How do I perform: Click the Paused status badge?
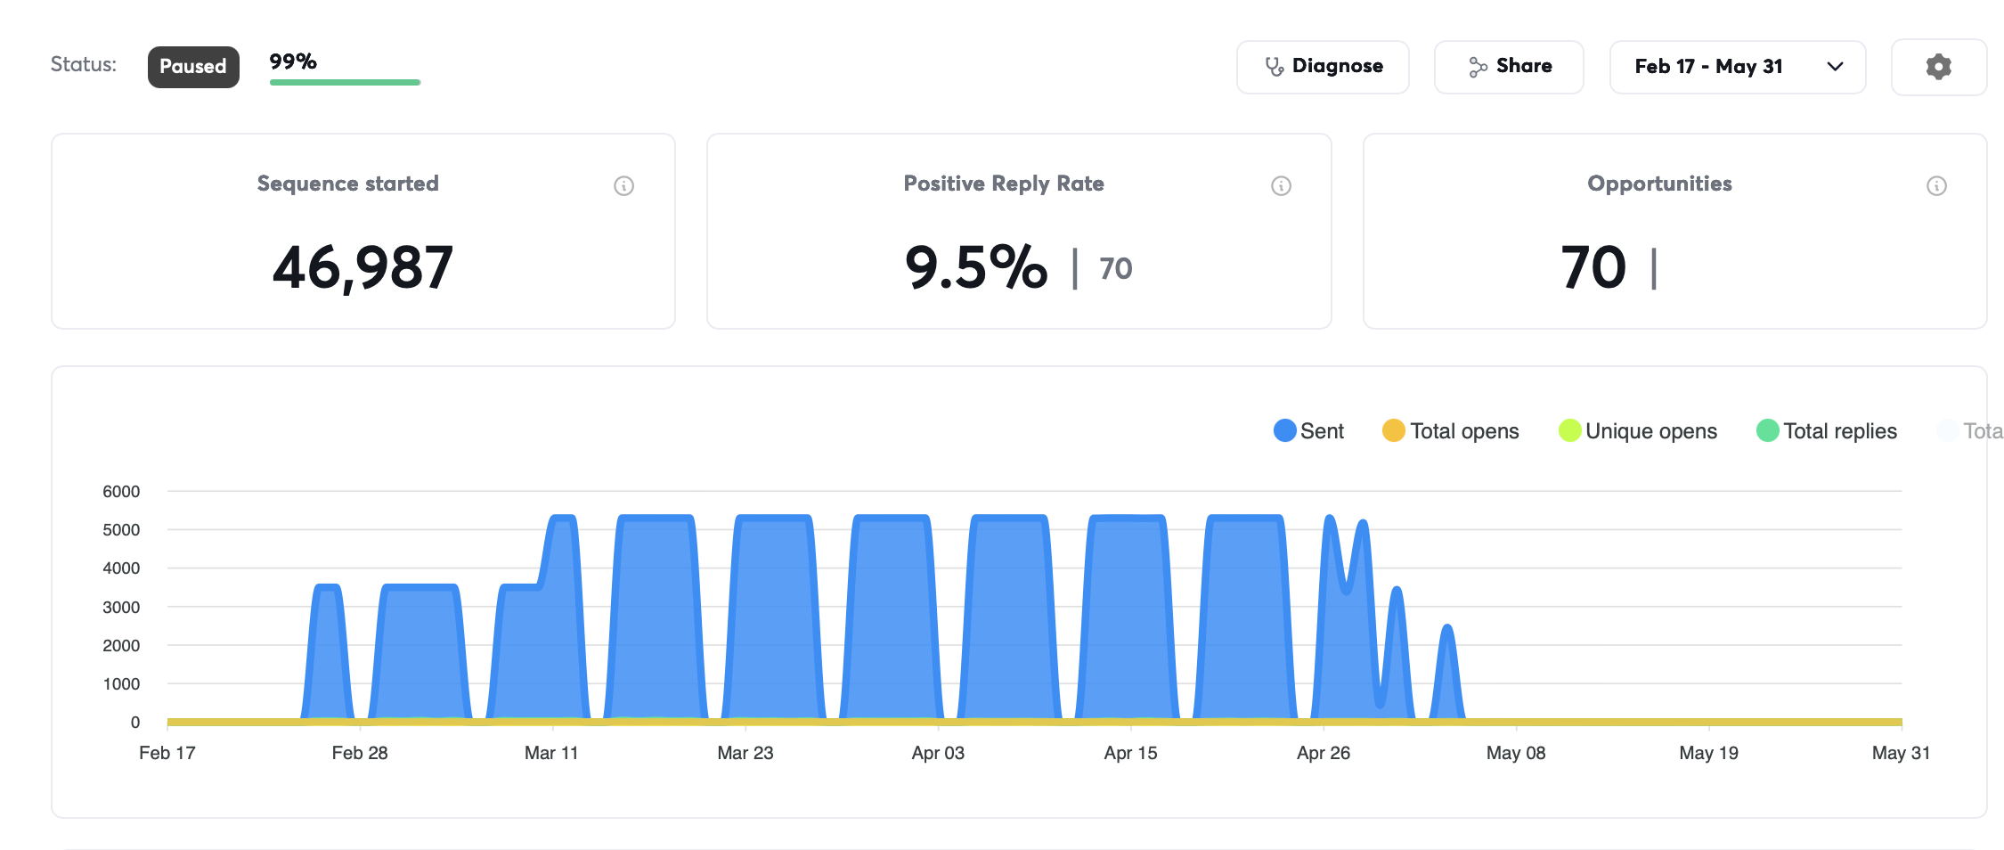coord(193,67)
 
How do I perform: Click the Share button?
coord(1509,67)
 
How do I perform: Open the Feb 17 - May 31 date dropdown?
coord(1738,67)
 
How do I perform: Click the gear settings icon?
coord(1939,67)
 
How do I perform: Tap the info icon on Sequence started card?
coord(623,185)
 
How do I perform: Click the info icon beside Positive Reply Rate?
coord(1281,185)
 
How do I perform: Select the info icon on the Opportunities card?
coord(1936,185)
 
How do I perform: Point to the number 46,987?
coord(363,267)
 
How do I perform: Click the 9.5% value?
coord(976,267)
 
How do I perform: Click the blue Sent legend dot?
coord(1285,430)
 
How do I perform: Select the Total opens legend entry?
coord(1451,430)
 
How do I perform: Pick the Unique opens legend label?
coord(1651,431)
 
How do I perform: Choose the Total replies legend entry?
coord(1827,430)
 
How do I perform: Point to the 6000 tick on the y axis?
coord(121,491)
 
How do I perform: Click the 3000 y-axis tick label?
coord(121,607)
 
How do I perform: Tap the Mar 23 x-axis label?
coord(745,753)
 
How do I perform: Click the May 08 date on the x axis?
coord(1516,753)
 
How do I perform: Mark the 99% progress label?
coord(293,61)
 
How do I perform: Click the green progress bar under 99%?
coord(345,83)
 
